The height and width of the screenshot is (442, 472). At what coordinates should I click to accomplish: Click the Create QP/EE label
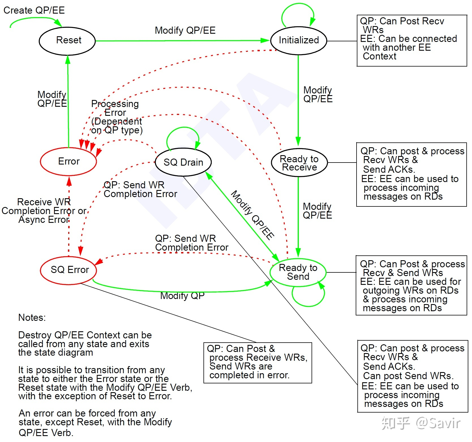[34, 10]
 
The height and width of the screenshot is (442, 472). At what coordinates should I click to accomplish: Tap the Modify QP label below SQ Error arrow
[182, 296]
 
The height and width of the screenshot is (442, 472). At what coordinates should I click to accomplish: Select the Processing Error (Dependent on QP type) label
[117, 117]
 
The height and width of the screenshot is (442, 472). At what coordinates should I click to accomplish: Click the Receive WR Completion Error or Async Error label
[44, 211]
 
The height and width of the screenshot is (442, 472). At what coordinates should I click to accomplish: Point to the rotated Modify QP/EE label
[253, 215]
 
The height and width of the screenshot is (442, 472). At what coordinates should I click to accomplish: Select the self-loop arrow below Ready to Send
[308, 306]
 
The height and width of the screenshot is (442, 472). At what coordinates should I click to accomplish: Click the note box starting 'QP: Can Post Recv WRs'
[412, 41]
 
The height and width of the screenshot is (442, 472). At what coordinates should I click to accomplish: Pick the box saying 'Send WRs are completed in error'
[258, 363]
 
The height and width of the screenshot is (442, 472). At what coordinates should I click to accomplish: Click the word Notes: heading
[32, 318]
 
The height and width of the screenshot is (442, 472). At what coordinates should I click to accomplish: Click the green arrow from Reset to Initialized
[183, 41]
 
